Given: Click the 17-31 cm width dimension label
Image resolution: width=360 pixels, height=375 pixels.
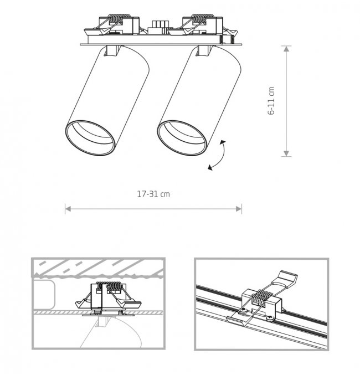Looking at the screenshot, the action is [x=153, y=194].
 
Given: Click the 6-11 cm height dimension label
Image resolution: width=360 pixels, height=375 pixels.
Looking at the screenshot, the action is [x=271, y=101].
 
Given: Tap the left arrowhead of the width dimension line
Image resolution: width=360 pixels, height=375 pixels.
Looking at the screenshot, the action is [x=68, y=209].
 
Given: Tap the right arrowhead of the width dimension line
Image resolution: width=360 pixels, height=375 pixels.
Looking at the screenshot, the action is [x=239, y=209].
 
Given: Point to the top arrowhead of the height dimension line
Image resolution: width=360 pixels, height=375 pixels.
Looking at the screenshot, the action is [x=286, y=49].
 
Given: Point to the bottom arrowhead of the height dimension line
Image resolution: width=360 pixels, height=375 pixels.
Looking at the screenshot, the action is [x=286, y=153].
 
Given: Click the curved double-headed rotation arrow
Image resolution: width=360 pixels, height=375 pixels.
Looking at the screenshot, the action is [x=217, y=156].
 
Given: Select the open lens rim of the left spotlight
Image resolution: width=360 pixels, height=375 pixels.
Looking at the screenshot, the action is [x=90, y=138].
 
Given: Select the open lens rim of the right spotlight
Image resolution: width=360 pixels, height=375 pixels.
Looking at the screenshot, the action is [x=182, y=138].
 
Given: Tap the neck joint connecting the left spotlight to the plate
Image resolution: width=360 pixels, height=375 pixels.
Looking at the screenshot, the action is [x=112, y=50].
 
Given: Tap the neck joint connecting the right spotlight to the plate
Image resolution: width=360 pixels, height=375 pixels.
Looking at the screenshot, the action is [x=204, y=50].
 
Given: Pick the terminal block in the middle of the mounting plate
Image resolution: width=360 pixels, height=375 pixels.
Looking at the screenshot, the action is [x=158, y=27].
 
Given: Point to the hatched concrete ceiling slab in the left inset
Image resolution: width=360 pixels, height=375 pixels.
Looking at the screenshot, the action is [x=98, y=268].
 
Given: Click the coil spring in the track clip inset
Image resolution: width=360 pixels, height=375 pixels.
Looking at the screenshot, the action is [x=261, y=298].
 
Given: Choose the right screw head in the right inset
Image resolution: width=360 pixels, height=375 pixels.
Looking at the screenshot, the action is [x=270, y=318].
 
